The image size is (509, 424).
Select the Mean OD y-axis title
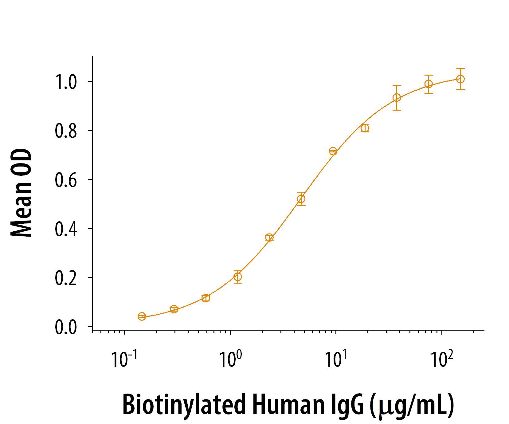point(22,193)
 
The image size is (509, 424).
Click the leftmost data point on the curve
point(142,316)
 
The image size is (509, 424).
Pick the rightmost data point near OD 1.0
point(460,79)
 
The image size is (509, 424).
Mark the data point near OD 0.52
point(301,199)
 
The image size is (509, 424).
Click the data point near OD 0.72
point(333,151)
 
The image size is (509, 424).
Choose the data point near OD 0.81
point(365,128)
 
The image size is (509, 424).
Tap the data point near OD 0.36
point(269,238)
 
